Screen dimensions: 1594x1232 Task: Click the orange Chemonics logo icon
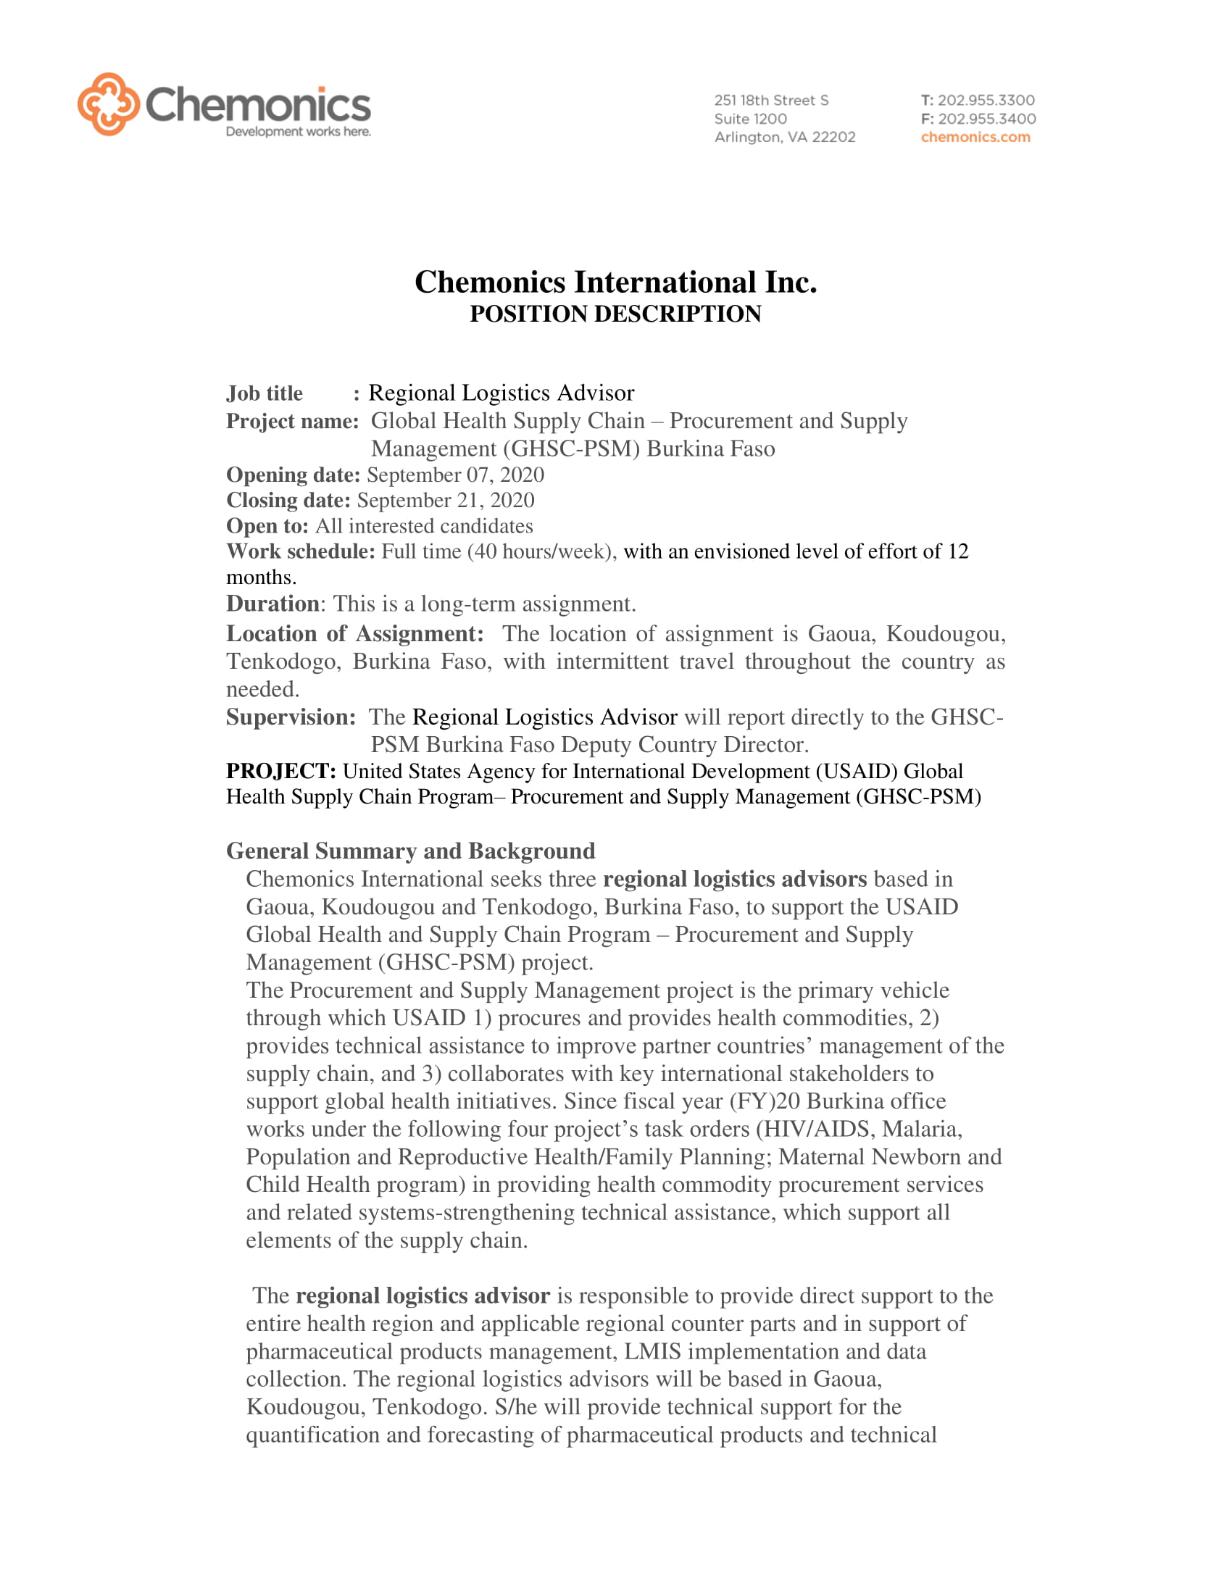[x=108, y=104]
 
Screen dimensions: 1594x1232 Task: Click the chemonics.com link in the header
[x=975, y=137]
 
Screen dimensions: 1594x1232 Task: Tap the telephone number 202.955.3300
[x=986, y=100]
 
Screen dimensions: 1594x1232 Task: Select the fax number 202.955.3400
[x=986, y=118]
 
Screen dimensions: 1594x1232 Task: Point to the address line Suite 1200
[x=750, y=118]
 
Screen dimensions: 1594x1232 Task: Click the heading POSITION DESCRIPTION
[x=615, y=314]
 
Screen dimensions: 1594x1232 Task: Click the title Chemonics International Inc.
[x=615, y=283]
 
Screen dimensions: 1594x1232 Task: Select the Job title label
[x=265, y=393]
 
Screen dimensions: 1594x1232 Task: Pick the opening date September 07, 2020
[x=455, y=475]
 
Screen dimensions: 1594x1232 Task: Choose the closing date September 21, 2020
[x=445, y=501]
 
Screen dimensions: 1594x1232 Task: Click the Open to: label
[x=267, y=526]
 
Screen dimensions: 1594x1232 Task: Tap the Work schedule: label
[x=300, y=552]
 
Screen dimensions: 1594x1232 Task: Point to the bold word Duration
[x=272, y=604]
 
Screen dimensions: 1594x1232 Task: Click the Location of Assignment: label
[x=354, y=633]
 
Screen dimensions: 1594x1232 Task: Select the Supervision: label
[x=291, y=717]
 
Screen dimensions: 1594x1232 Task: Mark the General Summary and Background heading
[x=410, y=851]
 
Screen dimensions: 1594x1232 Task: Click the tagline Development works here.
[x=298, y=132]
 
